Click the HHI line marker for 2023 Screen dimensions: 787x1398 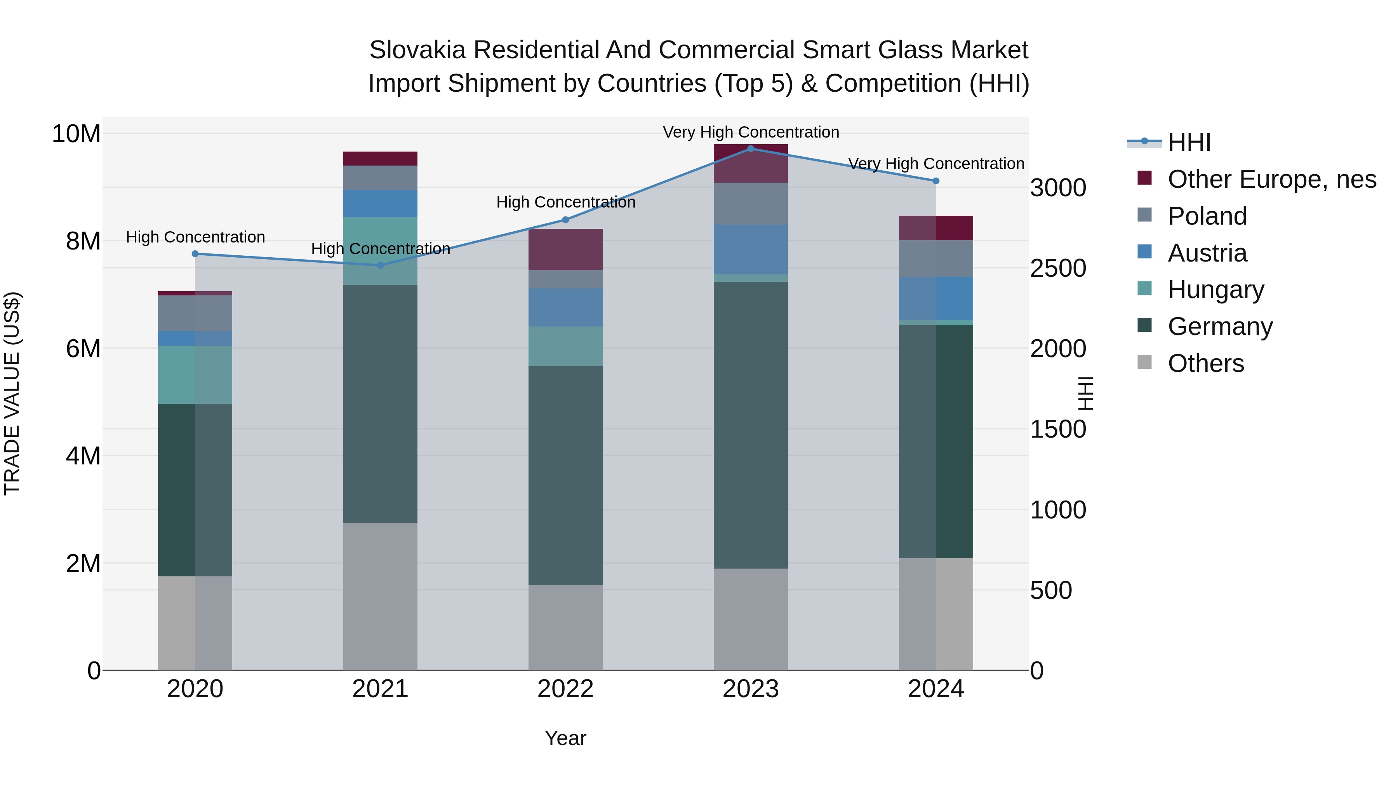tap(751, 148)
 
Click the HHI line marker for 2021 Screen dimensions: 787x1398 tap(381, 265)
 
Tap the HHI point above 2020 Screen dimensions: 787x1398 tap(195, 254)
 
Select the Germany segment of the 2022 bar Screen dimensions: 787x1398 tap(565, 475)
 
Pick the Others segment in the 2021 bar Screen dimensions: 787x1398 tap(381, 596)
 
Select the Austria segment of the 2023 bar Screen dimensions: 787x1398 tap(751, 249)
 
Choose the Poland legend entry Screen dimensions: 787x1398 tap(1207, 216)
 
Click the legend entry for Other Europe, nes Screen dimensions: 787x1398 tap(1271, 179)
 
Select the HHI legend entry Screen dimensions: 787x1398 tap(1189, 142)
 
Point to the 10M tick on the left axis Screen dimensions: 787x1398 tap(76, 134)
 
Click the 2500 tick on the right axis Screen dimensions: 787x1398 tap(1058, 268)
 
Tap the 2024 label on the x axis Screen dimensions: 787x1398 tap(935, 689)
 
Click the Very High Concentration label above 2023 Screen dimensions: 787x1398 tap(751, 132)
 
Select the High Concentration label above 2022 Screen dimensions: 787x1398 tap(565, 202)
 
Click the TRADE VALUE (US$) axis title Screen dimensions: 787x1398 tap(12, 393)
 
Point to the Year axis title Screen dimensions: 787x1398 tap(565, 738)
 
